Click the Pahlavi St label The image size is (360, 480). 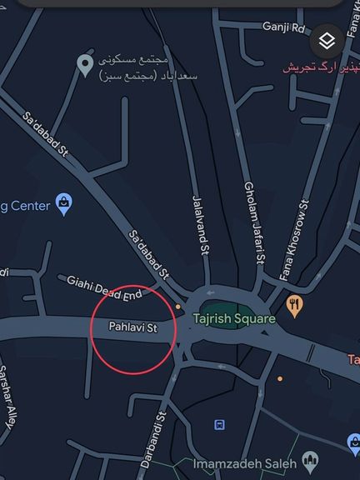133,327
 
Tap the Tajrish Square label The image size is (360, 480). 233,318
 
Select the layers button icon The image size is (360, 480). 327,40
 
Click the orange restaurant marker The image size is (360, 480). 293,305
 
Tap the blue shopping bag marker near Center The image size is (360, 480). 64,202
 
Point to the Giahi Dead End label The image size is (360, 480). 104,287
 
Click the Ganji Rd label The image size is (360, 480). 284,27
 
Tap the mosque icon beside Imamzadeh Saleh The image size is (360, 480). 310,460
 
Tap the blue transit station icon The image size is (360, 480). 219,424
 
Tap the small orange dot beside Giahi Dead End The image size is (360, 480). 177,307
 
